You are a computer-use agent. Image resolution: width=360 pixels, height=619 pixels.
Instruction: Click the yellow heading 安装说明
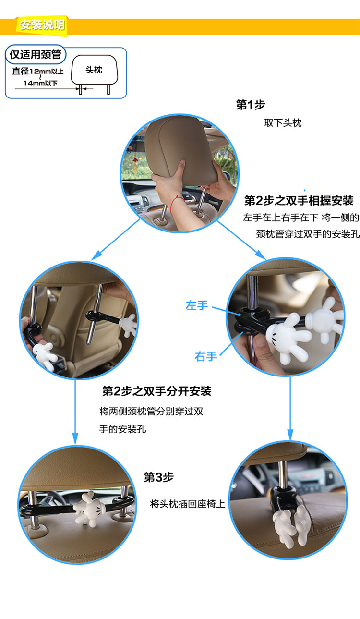click(42, 25)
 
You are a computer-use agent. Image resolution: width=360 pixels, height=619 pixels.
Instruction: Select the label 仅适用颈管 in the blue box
click(36, 54)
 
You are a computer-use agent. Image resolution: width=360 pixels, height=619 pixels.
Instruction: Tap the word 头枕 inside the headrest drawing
click(94, 70)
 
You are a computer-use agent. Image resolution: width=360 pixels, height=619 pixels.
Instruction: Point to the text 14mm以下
click(40, 84)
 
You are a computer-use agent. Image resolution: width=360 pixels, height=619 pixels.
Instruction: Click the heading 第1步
click(250, 105)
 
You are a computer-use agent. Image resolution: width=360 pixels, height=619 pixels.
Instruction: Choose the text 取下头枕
click(283, 122)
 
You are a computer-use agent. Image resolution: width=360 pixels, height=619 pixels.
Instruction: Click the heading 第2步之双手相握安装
click(299, 200)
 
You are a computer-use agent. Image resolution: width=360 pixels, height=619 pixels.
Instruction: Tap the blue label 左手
click(196, 305)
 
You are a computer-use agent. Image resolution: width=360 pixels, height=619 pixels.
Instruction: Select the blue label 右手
click(206, 356)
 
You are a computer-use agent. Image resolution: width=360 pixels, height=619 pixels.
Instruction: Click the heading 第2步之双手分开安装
click(156, 391)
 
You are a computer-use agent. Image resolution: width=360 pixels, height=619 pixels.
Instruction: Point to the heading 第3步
click(158, 477)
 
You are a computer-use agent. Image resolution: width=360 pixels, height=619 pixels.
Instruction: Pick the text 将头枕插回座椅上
click(188, 504)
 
